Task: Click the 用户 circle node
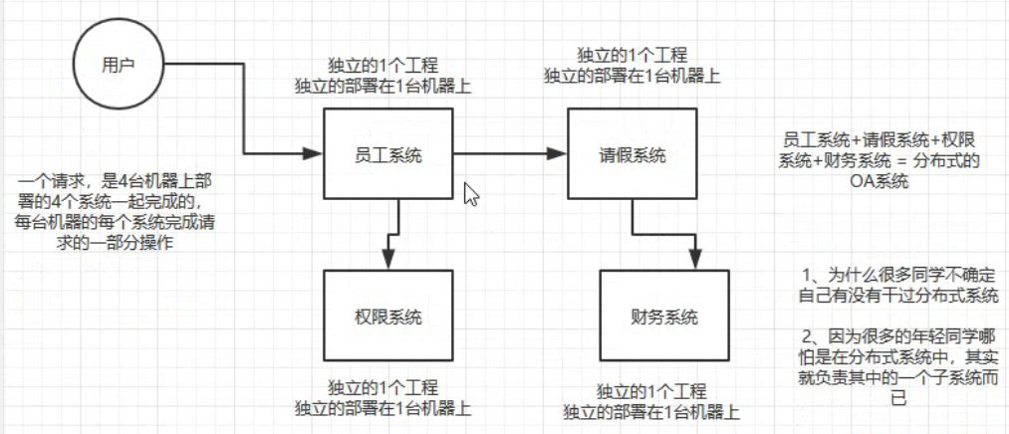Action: (118, 64)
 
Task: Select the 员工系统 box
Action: (387, 154)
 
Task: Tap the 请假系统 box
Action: (631, 154)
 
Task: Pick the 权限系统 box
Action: (387, 318)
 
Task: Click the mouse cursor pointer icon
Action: (471, 193)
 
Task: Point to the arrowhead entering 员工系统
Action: (312, 154)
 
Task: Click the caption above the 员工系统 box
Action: (386, 77)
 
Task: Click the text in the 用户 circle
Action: (118, 64)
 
